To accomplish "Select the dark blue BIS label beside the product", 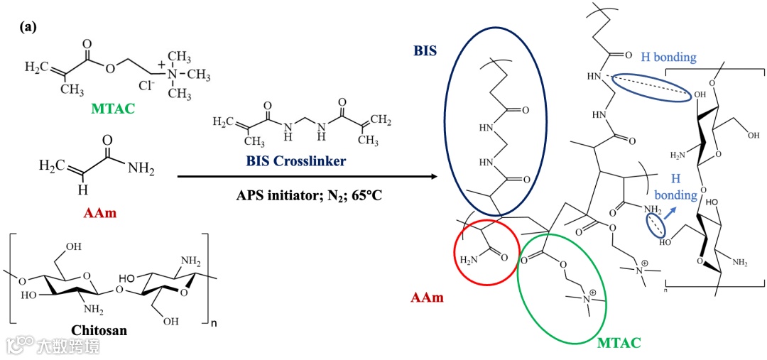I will [426, 51].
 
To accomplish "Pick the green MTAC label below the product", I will [619, 344].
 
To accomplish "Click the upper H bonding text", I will [668, 58].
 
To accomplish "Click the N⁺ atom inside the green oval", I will [588, 299].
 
